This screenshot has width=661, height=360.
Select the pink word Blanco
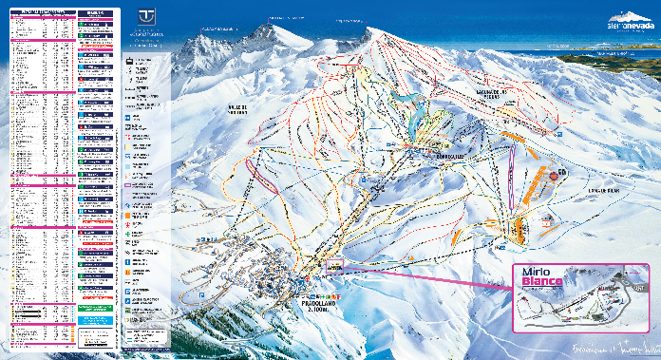pos(543,283)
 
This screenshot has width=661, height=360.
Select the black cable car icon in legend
pos(130,61)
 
